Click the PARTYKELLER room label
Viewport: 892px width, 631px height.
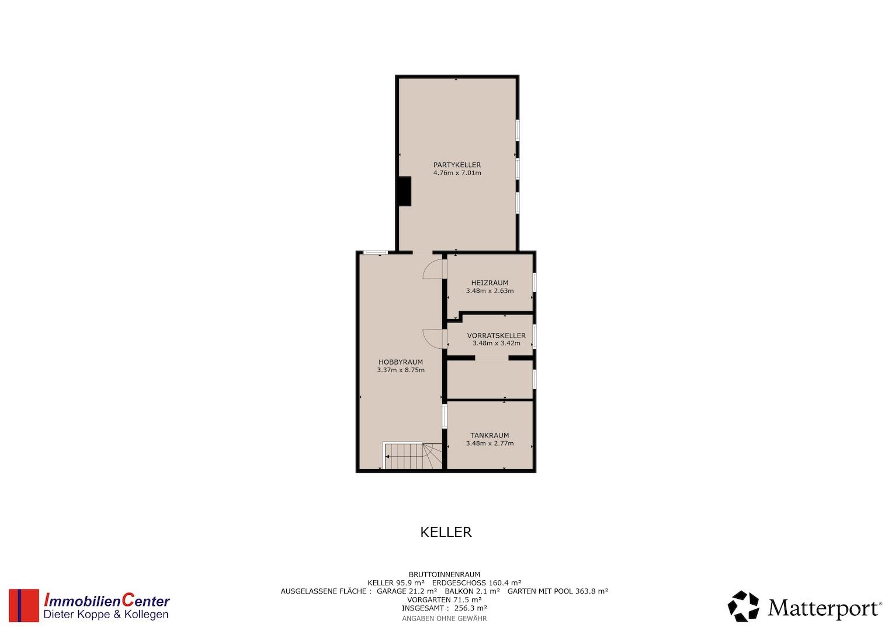[457, 165]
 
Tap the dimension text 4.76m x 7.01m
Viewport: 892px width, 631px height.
[457, 173]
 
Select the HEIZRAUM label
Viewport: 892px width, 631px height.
[490, 283]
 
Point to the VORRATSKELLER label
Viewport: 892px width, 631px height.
[496, 335]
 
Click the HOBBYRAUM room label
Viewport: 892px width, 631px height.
[400, 362]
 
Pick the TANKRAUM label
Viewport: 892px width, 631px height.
[490, 435]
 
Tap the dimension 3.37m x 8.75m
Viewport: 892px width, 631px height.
[401, 370]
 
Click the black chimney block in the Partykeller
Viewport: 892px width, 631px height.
[405, 191]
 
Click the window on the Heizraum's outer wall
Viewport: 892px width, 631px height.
[534, 282]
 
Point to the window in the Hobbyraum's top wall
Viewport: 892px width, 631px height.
[376, 252]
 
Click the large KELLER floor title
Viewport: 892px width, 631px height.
[446, 532]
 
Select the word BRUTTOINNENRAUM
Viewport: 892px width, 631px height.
[445, 574]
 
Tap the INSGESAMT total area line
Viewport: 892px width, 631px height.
[445, 608]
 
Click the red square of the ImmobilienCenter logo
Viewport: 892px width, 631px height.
[24, 605]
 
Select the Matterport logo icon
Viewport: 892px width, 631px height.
[743, 606]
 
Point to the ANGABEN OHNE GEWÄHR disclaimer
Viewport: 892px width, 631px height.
[445, 618]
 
